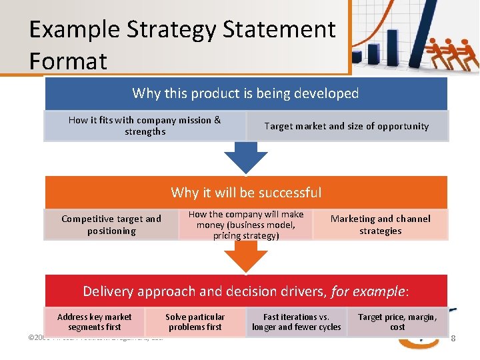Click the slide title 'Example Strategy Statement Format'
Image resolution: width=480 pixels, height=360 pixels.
pyautogui.click(x=181, y=45)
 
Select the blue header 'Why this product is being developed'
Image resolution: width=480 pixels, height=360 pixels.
pyautogui.click(x=245, y=93)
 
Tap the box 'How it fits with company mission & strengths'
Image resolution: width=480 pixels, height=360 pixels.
pyautogui.click(x=145, y=125)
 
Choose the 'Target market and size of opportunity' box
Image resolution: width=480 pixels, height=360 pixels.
pyautogui.click(x=347, y=126)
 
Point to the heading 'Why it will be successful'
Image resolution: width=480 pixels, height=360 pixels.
pyautogui.click(x=245, y=193)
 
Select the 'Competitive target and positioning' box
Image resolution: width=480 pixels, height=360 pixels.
pyautogui.click(x=111, y=225)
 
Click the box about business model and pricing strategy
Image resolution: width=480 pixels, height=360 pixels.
pyautogui.click(x=245, y=225)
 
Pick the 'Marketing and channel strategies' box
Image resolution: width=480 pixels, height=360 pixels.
pyautogui.click(x=380, y=225)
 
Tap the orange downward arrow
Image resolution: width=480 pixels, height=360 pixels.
pyautogui.click(x=245, y=256)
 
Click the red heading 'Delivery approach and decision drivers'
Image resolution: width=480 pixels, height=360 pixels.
pyautogui.click(x=245, y=291)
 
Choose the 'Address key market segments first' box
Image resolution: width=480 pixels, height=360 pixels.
pyautogui.click(x=95, y=322)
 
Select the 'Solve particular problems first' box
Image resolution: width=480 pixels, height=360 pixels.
pyautogui.click(x=195, y=322)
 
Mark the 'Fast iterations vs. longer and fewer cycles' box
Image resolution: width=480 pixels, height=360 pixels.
pyautogui.click(x=296, y=322)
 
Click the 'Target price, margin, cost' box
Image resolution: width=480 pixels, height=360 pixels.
pyautogui.click(x=397, y=322)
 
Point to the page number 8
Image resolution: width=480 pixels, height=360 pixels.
pyautogui.click(x=453, y=339)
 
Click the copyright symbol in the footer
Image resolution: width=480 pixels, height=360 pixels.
pyautogui.click(x=32, y=337)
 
